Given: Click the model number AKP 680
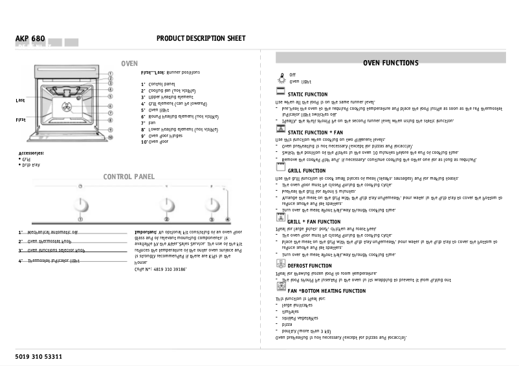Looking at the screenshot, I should coord(30,39).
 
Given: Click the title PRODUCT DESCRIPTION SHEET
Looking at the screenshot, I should coord(201,39).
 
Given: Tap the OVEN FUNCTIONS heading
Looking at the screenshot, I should coord(390,63).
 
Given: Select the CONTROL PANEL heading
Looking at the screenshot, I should coord(129,177).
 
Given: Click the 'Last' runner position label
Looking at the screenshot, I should coord(20,100).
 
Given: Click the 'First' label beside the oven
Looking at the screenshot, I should coord(21,120).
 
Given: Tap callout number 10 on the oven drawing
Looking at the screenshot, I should coord(110,137).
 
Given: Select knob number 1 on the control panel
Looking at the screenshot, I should coord(81,205).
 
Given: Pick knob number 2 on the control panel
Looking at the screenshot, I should coord(166,205).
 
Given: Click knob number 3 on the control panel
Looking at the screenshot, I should coord(210,205).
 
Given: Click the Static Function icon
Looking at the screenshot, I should coord(281,93).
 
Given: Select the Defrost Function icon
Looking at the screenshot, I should coord(281,264).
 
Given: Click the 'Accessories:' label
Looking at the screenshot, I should coord(31,153).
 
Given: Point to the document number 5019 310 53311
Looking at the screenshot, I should coord(39,356).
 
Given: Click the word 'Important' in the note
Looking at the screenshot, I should coord(146,231).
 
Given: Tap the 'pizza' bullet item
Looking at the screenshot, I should coord(287,324).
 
